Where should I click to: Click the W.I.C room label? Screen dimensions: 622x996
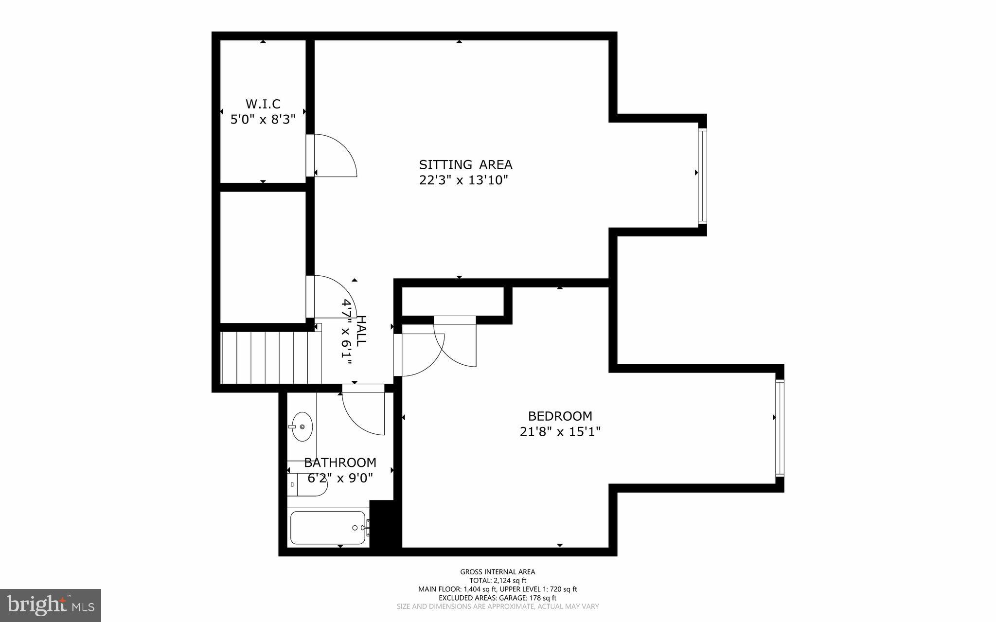(263, 104)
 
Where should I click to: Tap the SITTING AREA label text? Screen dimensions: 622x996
(465, 164)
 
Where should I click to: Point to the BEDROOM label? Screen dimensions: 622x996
(560, 416)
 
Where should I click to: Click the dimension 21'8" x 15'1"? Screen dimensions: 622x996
(560, 432)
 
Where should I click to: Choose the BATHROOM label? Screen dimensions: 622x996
(340, 462)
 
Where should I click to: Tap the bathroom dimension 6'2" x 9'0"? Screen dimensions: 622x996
(340, 478)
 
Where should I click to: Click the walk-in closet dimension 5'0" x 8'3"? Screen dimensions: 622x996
(263, 119)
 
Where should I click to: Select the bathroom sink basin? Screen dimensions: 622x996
(302, 427)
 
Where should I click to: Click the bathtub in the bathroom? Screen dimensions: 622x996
(328, 528)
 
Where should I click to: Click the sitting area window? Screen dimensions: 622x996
(702, 175)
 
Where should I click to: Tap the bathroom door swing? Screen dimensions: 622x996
(363, 411)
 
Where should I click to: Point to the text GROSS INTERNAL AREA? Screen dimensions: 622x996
(498, 572)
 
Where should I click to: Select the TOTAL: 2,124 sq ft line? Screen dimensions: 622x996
(498, 581)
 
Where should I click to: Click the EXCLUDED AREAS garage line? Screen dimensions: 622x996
(498, 598)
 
